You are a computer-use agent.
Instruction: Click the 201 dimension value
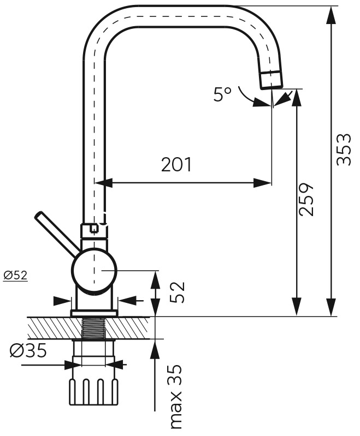click(x=176, y=164)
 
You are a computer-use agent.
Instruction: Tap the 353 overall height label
click(x=343, y=149)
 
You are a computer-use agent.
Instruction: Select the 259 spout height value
click(x=308, y=199)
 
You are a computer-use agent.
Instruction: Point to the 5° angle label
click(x=222, y=95)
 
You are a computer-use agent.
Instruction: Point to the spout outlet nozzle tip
click(x=271, y=80)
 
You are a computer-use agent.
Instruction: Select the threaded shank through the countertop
click(x=93, y=328)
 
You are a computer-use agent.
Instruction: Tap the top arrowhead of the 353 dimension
click(x=331, y=14)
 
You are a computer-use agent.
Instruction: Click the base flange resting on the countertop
click(x=94, y=313)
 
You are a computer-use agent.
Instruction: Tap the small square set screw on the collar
click(x=95, y=229)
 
